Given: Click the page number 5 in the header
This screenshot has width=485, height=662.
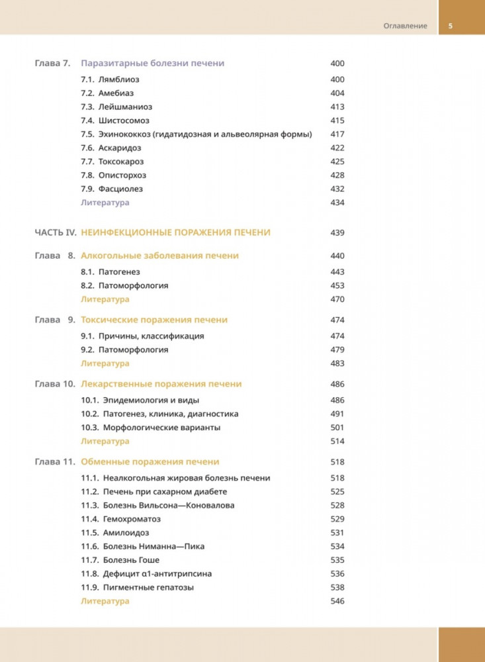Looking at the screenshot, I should click(x=450, y=26).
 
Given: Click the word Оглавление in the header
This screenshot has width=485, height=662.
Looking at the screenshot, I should click(x=406, y=26).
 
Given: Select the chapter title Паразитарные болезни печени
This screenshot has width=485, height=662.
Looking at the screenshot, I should click(x=152, y=64).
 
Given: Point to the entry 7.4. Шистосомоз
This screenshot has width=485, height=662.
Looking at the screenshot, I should click(x=115, y=120).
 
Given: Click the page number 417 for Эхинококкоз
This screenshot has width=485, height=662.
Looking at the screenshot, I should click(x=337, y=134).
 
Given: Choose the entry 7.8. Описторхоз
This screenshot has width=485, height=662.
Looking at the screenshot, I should click(x=113, y=175).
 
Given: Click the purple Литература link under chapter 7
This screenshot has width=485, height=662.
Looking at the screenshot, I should click(x=105, y=203).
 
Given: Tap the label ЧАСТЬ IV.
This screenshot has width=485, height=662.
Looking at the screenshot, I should click(x=56, y=232).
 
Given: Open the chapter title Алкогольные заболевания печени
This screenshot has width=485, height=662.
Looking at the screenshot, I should click(x=159, y=256).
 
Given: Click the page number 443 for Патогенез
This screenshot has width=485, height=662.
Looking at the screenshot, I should click(x=337, y=272).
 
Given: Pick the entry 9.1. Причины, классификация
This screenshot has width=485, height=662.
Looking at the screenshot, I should click(x=142, y=336).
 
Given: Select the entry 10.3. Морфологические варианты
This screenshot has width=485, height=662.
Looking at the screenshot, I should click(x=151, y=428).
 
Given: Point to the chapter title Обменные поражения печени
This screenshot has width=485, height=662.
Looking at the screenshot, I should click(x=150, y=461).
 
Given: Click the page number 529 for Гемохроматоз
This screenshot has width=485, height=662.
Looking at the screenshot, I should click(x=337, y=519).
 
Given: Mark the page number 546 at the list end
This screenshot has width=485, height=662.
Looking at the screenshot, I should click(x=337, y=601).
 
